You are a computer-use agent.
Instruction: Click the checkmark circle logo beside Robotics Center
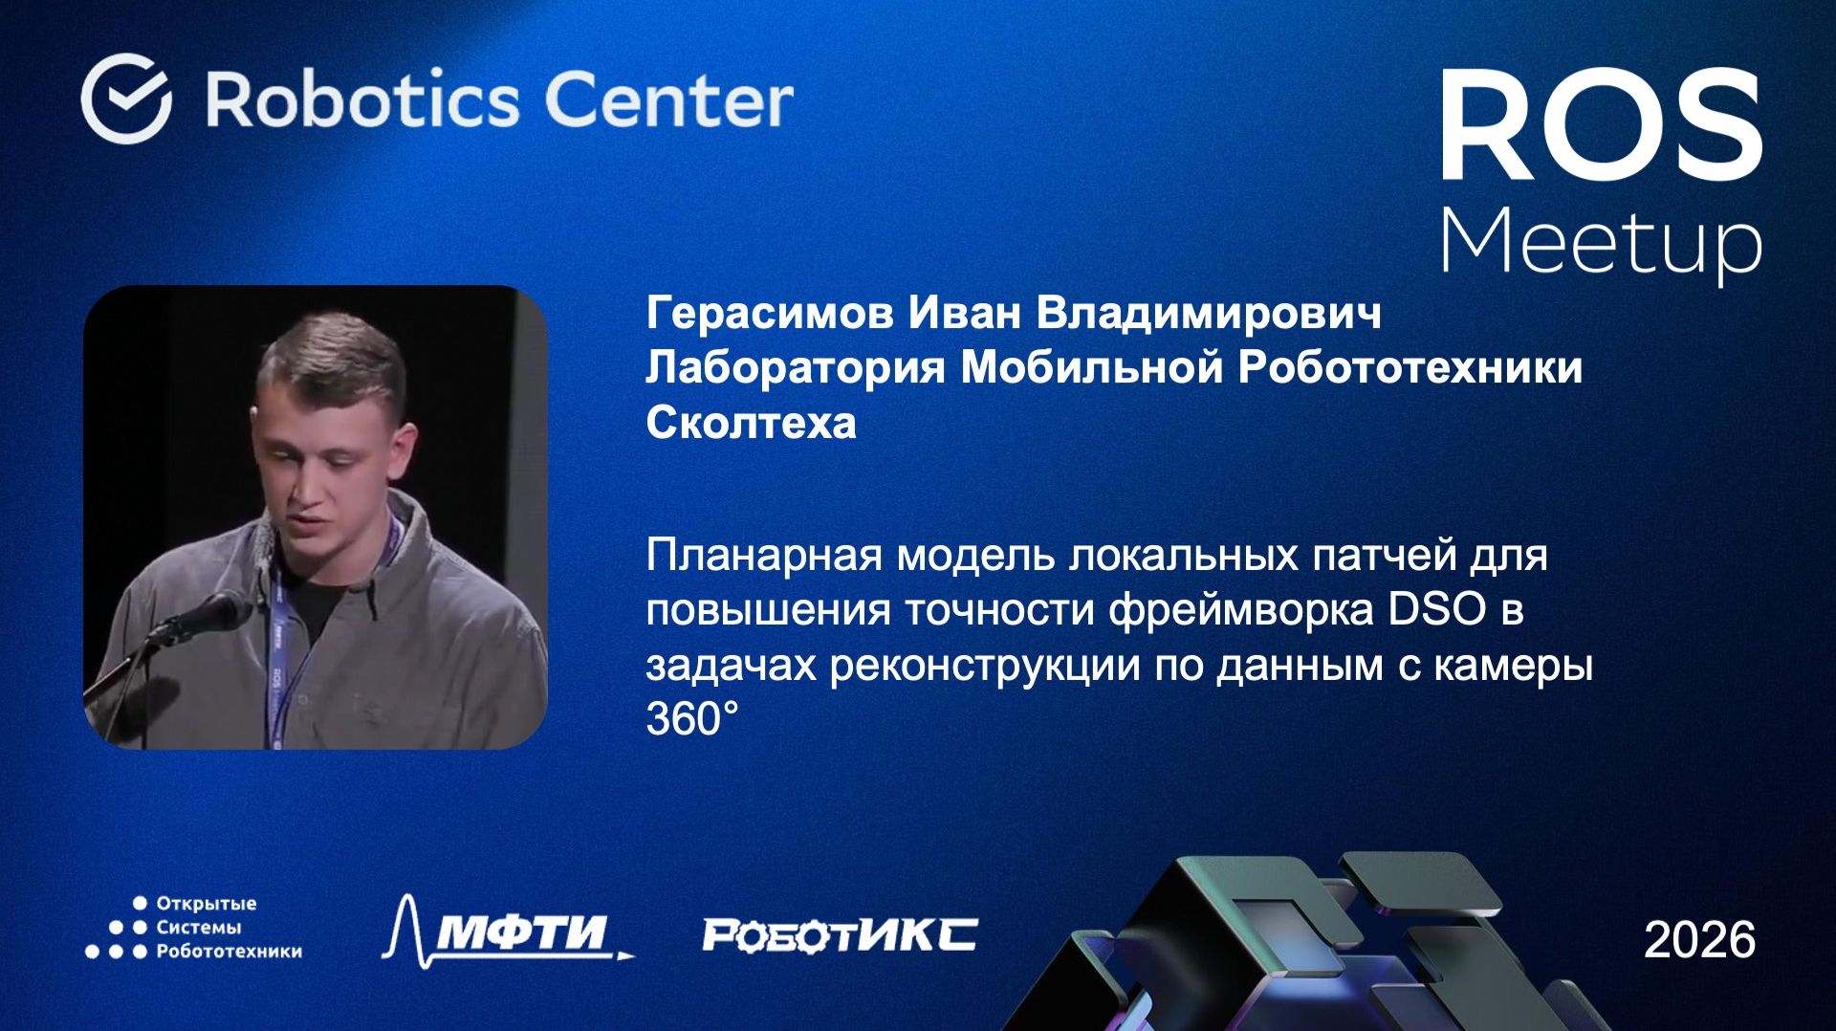[x=126, y=99]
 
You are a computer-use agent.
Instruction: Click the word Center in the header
[x=668, y=99]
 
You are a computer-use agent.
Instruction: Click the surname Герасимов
[x=770, y=313]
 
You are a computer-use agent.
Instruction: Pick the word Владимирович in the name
[x=1209, y=313]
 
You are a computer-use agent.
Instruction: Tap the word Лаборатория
[x=796, y=367]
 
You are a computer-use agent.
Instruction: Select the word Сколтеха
[x=751, y=422]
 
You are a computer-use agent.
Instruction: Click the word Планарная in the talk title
[x=763, y=556]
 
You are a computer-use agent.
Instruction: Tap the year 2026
[x=1699, y=939]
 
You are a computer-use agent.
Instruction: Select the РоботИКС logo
[x=840, y=934]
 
